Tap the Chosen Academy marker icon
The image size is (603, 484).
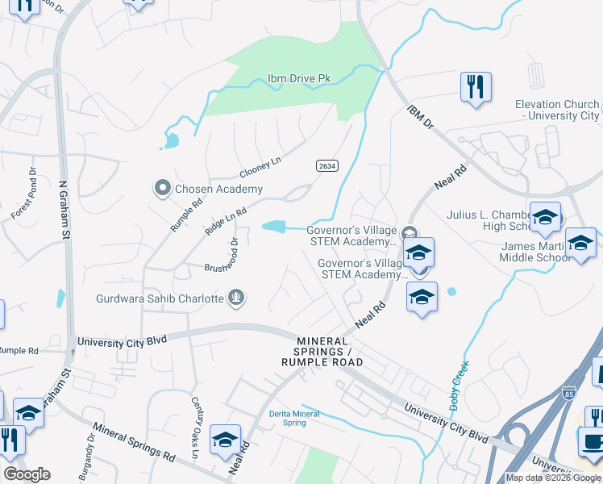(162, 189)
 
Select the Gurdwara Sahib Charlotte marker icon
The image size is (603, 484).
(236, 298)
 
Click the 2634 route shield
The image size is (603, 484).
(326, 165)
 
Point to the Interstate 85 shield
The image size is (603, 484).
(569, 394)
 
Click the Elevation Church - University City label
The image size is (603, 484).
(557, 110)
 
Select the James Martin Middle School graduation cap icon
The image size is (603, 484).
(580, 242)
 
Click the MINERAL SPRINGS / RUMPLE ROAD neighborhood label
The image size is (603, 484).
(322, 351)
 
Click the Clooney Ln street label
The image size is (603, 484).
(260, 167)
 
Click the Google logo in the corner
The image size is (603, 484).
(27, 474)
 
